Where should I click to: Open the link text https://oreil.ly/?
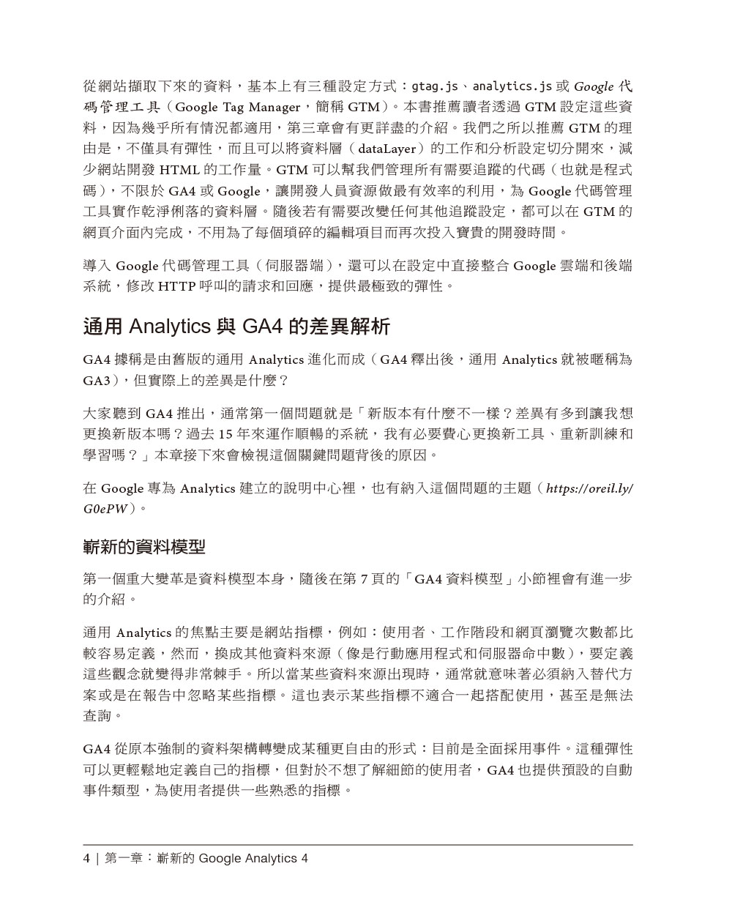[590, 488]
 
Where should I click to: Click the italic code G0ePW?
[105, 508]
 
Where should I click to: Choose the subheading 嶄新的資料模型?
[144, 546]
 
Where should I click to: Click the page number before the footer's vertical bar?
[87, 858]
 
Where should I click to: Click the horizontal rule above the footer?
[358, 845]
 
